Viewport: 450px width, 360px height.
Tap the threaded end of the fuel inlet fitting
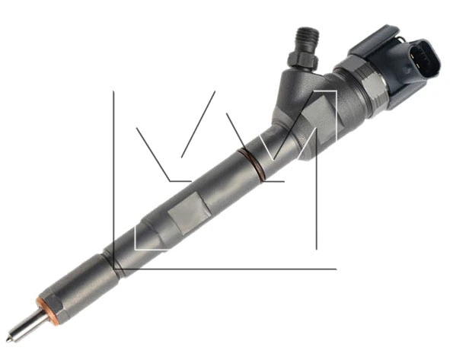pyautogui.click(x=304, y=37)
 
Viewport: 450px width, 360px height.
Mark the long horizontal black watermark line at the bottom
pyautogui.click(x=228, y=268)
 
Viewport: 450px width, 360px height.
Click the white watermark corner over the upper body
pyautogui.click(x=332, y=94)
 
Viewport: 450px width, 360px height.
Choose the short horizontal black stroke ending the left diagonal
pyautogui.click(x=180, y=181)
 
